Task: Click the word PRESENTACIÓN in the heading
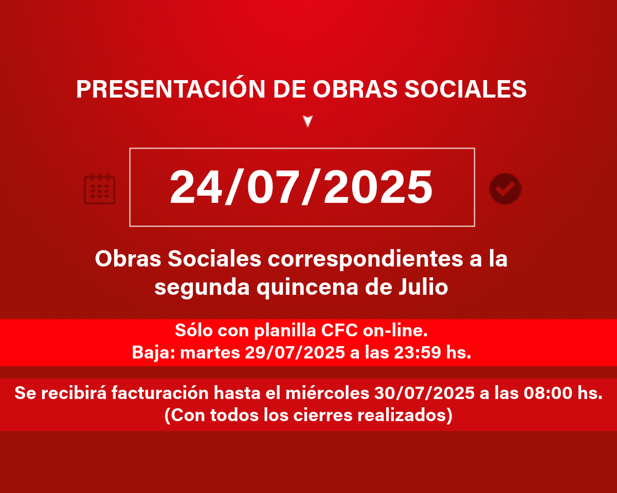click(171, 88)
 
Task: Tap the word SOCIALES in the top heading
click(465, 89)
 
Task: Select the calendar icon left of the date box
click(99, 189)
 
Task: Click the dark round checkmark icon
click(505, 189)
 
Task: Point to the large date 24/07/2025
click(301, 187)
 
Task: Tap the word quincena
click(307, 288)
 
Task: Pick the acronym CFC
click(339, 330)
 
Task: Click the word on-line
click(395, 330)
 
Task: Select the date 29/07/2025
click(295, 352)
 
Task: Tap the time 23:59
click(418, 352)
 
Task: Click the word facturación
click(160, 393)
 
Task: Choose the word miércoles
click(328, 393)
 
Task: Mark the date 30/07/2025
click(424, 393)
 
